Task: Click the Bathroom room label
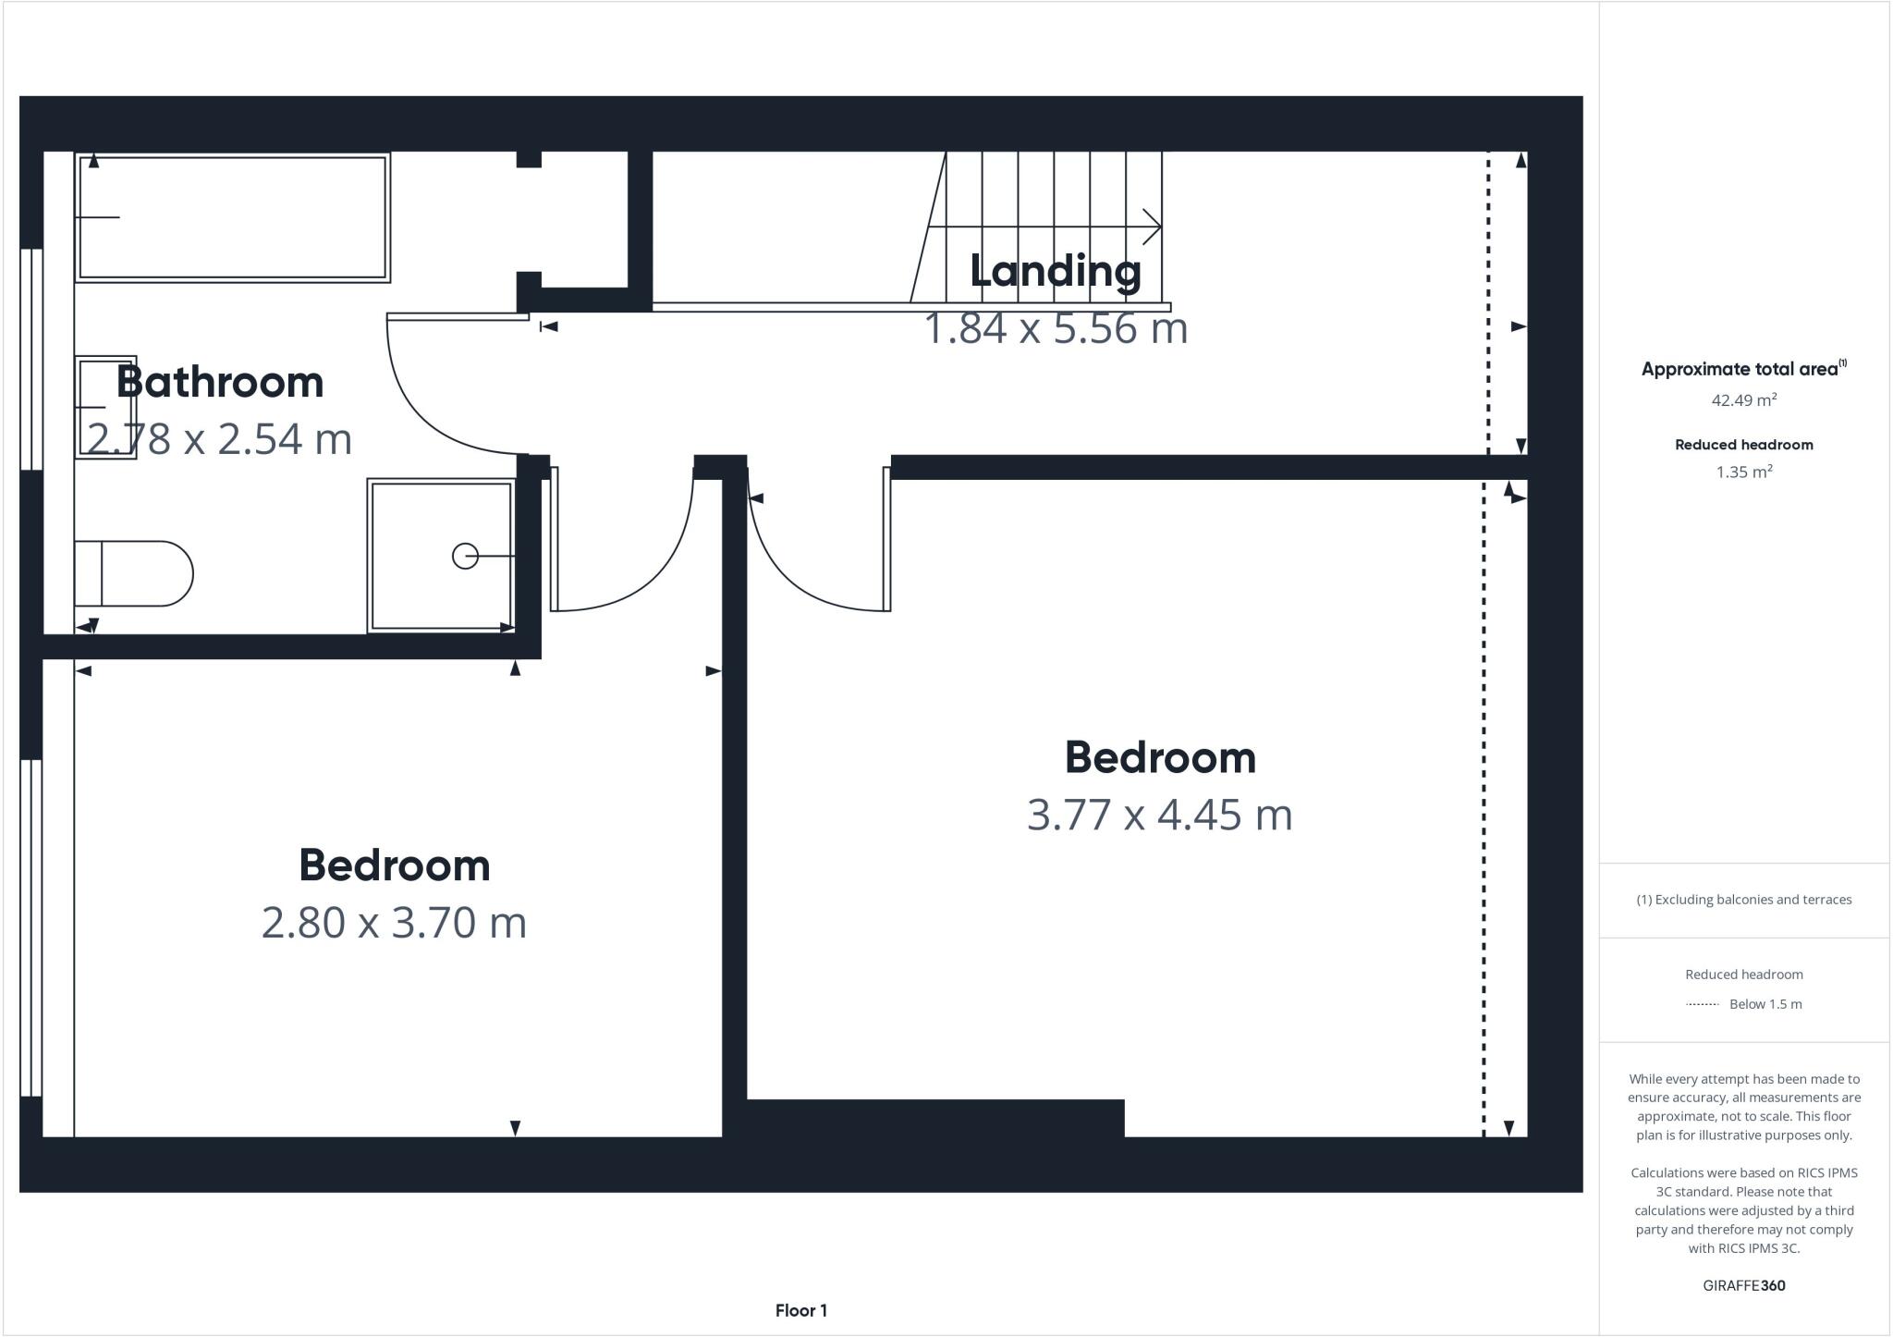click(220, 383)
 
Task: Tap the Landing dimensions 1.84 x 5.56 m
click(1056, 329)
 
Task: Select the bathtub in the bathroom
click(232, 217)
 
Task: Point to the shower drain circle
click(465, 556)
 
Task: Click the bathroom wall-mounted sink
click(105, 407)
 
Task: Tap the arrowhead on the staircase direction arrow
click(1153, 227)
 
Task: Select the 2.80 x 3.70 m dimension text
click(394, 923)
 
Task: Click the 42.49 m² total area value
click(1743, 400)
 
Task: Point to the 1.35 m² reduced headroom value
click(1743, 472)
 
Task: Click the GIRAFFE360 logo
click(1743, 1285)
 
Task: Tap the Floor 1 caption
click(800, 1310)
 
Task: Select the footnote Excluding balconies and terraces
click(1743, 900)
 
